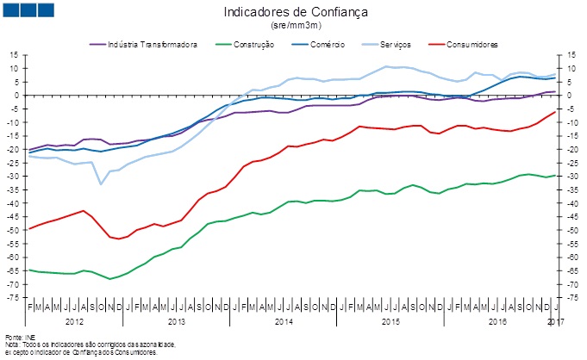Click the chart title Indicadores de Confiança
pyautogui.click(x=293, y=13)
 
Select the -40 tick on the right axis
pyautogui.click(x=572, y=203)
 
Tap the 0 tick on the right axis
pyautogui.click(x=569, y=95)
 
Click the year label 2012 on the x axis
pyautogui.click(x=75, y=320)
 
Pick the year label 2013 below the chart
pyautogui.click(x=178, y=320)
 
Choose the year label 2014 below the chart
pyautogui.click(x=284, y=320)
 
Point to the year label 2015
pyautogui.click(x=390, y=320)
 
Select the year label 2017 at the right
pyautogui.click(x=556, y=320)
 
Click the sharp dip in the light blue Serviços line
pyautogui.click(x=101, y=183)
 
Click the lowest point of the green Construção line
pyautogui.click(x=109, y=279)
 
